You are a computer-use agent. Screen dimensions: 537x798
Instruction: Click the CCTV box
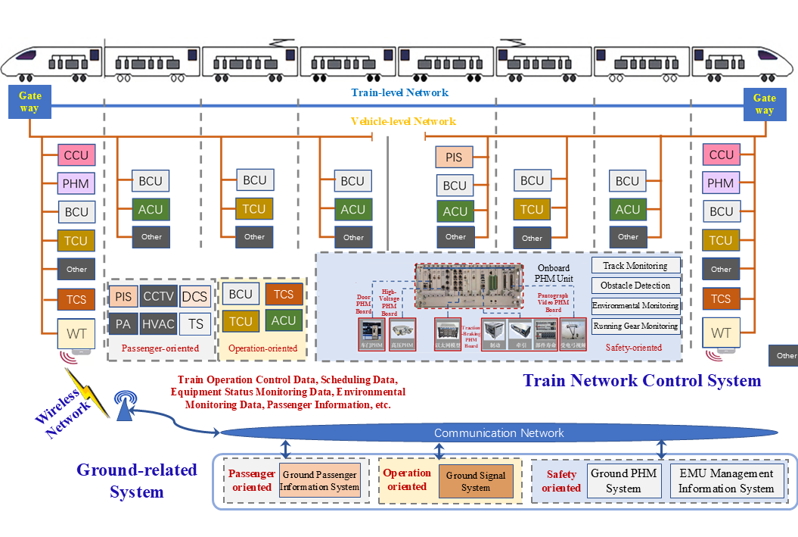coord(159,296)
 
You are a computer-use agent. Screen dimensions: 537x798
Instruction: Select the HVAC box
coord(159,324)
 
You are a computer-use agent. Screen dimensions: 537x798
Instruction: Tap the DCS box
coord(195,296)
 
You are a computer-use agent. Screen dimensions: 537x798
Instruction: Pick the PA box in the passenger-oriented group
coord(122,324)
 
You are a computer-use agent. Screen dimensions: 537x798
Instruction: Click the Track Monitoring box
coord(635,266)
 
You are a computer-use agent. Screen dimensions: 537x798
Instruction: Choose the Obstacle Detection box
coord(635,286)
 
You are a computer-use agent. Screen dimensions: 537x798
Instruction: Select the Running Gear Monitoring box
coord(635,326)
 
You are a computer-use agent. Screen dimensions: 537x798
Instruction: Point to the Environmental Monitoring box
coord(635,306)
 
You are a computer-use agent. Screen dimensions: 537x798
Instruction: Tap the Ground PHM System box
coord(623,482)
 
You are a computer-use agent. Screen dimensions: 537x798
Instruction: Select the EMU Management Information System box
coord(726,482)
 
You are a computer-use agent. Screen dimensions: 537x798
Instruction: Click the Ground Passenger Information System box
coord(319,481)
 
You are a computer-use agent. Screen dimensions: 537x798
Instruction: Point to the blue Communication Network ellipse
coord(498,433)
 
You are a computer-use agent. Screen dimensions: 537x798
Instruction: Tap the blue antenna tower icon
coord(123,406)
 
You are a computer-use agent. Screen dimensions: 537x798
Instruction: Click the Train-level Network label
coord(399,92)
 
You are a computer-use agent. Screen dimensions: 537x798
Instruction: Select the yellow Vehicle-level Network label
coord(403,121)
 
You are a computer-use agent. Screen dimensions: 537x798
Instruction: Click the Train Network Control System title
coord(641,380)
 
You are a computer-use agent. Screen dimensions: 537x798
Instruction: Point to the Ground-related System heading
coord(137,481)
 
